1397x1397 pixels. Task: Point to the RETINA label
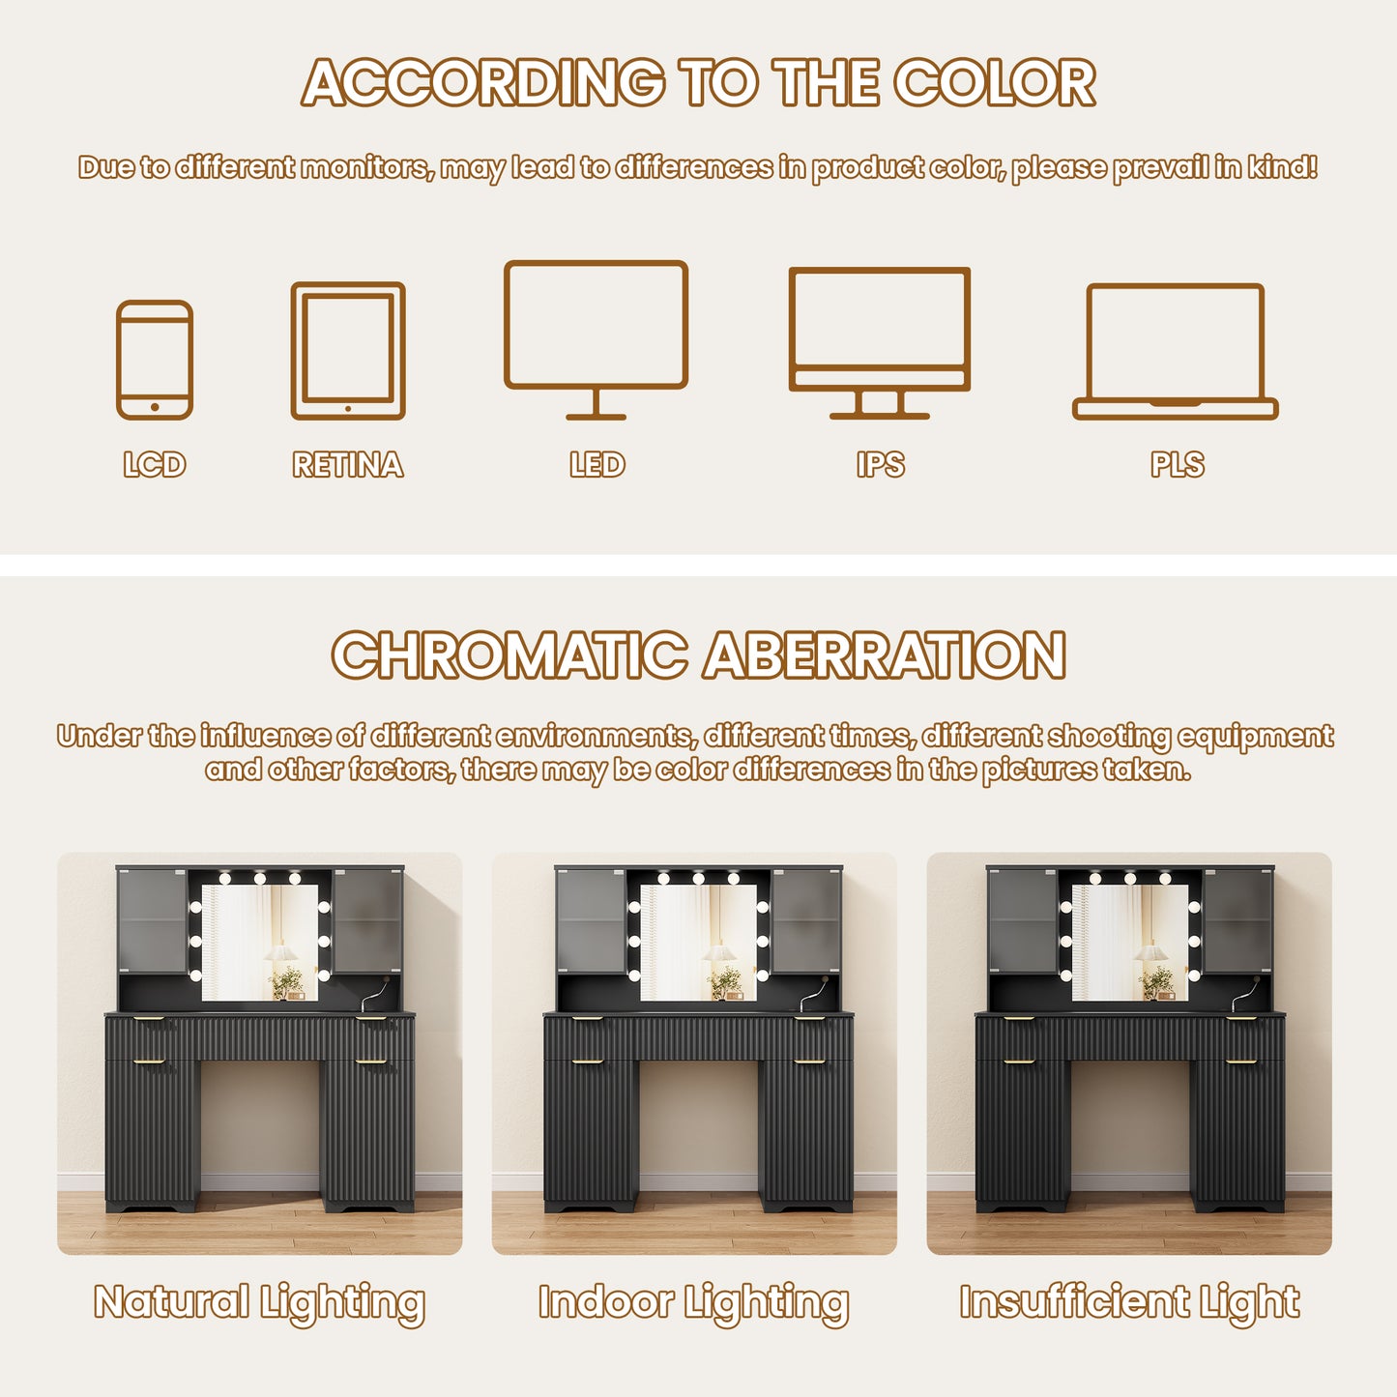point(348,465)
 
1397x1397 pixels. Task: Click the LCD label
point(155,465)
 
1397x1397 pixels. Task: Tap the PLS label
point(1178,465)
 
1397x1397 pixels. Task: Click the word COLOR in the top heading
point(995,82)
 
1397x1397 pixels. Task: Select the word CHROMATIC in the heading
point(509,655)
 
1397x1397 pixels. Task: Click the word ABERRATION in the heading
point(886,655)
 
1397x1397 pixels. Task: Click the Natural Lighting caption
point(259,1303)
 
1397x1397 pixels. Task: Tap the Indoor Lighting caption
point(694,1303)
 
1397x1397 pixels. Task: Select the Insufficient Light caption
point(1129,1303)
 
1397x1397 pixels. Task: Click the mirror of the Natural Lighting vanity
point(259,943)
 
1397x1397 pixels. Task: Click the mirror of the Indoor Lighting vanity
point(698,943)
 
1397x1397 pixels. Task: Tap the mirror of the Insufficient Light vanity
point(1130,943)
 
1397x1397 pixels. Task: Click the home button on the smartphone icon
point(155,407)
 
